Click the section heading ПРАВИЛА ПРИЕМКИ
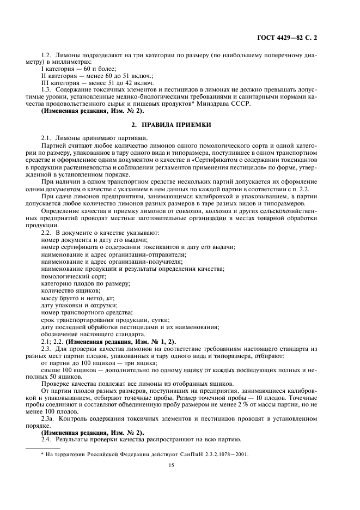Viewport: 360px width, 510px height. (x=180, y=124)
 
